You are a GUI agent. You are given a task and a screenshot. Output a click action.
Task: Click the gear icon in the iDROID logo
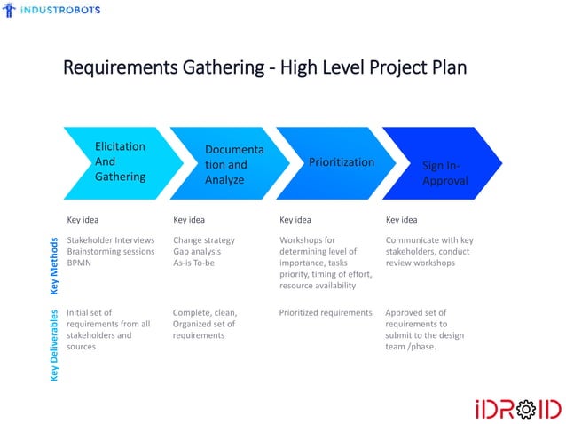click(524, 410)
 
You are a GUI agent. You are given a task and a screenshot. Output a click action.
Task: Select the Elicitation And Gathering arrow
click(115, 161)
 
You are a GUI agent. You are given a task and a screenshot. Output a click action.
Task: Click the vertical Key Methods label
click(54, 264)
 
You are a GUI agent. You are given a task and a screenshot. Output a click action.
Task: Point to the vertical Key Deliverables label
click(54, 347)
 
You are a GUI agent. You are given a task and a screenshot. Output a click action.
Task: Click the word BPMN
click(79, 263)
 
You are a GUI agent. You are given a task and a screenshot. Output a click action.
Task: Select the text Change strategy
click(204, 239)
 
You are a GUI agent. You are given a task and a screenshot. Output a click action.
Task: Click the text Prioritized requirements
click(326, 312)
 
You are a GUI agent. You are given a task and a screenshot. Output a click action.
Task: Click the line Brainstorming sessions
click(111, 252)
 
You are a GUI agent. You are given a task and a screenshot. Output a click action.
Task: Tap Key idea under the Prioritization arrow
click(295, 219)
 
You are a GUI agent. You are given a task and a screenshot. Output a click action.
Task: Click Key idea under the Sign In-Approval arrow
click(401, 219)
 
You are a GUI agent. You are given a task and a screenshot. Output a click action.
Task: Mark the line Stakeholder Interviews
click(111, 239)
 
